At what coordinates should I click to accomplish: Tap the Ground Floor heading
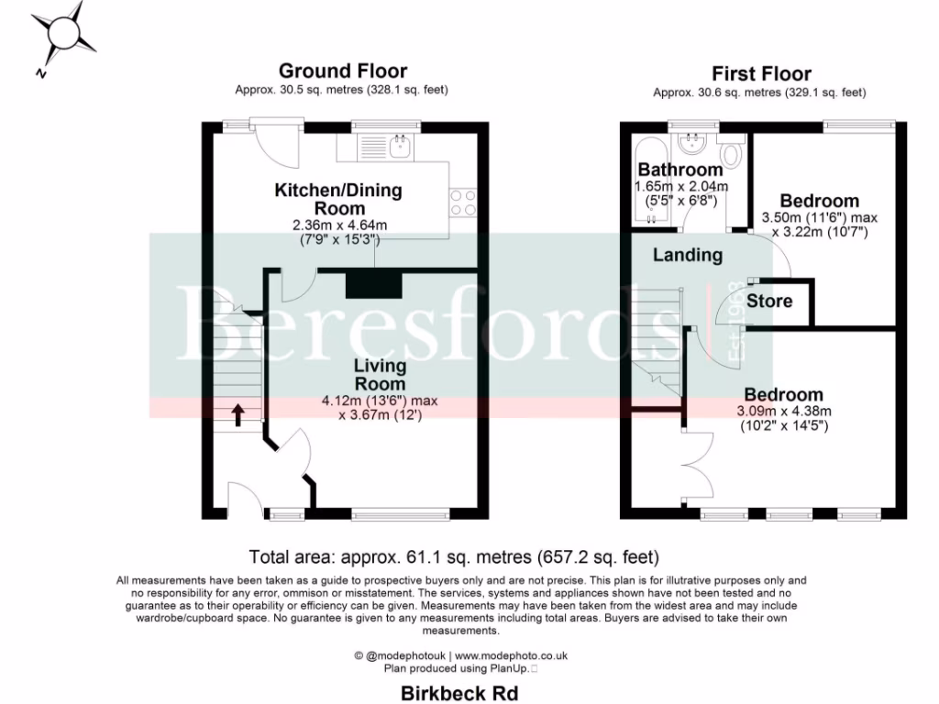(x=342, y=71)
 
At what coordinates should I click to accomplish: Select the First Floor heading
(x=761, y=73)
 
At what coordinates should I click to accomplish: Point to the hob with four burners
(x=463, y=201)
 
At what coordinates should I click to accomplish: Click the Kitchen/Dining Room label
(x=338, y=200)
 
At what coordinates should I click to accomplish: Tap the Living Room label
(x=380, y=375)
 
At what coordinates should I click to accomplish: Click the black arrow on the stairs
(x=237, y=415)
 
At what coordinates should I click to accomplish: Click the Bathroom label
(x=679, y=170)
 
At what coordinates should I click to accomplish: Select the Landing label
(x=687, y=256)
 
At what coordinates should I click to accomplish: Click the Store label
(x=770, y=301)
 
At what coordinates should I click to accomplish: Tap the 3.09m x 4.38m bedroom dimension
(x=781, y=411)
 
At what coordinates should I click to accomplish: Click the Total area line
(x=454, y=556)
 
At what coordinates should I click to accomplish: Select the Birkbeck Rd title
(x=459, y=693)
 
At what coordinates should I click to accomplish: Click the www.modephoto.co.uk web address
(x=512, y=655)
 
